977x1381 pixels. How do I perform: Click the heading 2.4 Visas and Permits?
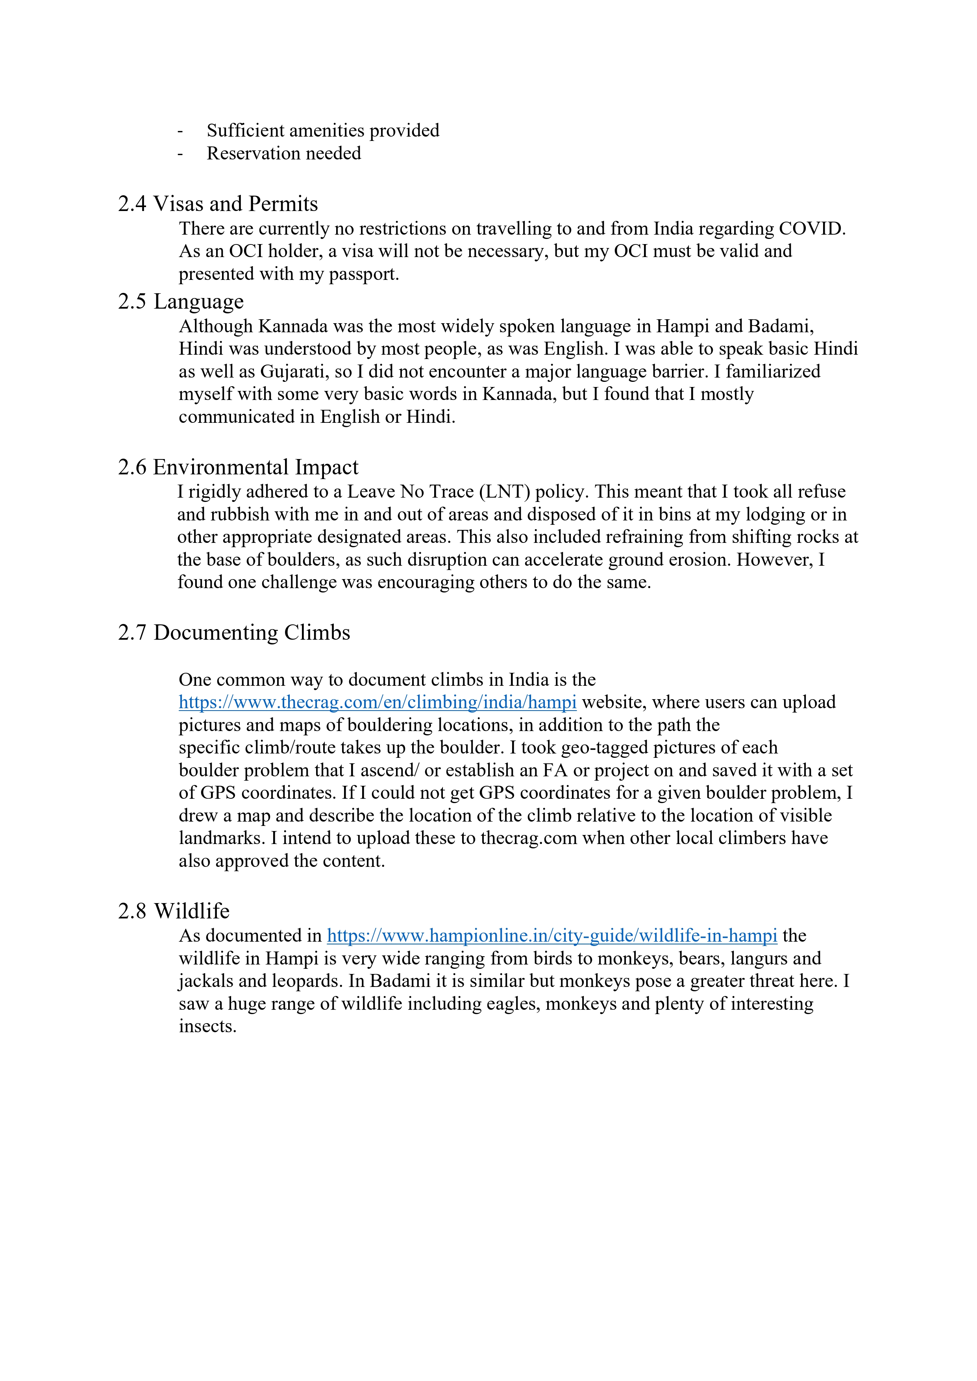(218, 204)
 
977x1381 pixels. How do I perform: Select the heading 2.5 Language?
(180, 301)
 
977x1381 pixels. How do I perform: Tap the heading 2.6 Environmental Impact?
(238, 467)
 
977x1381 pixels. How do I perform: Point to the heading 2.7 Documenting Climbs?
(234, 633)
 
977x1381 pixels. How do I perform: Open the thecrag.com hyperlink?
(377, 702)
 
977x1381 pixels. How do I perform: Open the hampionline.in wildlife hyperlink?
(551, 935)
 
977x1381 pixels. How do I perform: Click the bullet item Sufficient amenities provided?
(323, 131)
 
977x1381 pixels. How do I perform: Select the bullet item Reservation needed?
(284, 154)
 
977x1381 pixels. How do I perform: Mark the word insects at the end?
(207, 1026)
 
